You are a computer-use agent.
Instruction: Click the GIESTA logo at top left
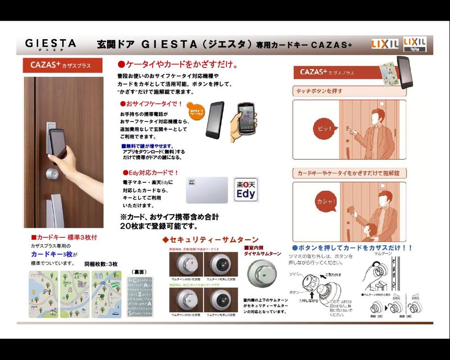click(50, 44)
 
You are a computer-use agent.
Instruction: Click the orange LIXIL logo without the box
click(384, 44)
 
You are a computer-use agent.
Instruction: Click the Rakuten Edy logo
click(246, 189)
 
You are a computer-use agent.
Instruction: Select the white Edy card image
click(207, 190)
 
